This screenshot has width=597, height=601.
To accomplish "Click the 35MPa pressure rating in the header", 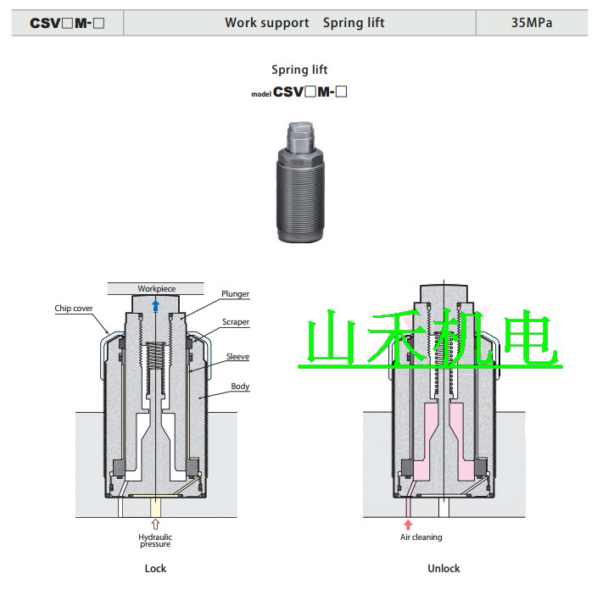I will (x=532, y=23).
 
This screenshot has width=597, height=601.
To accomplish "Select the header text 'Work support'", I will (x=266, y=23).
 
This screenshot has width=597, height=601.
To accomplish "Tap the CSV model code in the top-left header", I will (x=67, y=23).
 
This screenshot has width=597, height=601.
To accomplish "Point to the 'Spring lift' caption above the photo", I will (x=299, y=70).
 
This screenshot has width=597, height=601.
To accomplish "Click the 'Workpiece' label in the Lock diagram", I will (x=156, y=289).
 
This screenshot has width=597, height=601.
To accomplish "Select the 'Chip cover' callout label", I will (x=74, y=309).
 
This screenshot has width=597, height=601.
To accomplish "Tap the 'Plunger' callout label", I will (x=235, y=294).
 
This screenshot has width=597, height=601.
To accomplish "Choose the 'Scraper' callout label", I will (x=236, y=322).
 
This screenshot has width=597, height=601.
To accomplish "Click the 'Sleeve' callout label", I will (x=237, y=357).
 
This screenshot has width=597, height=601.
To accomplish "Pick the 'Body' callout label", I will (x=241, y=387).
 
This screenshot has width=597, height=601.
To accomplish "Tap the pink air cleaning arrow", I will (x=408, y=524).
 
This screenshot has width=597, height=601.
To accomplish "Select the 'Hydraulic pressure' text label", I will (x=155, y=540).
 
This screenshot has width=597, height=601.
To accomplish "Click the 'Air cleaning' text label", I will (x=421, y=537).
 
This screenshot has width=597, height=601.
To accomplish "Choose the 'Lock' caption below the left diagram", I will (x=155, y=568).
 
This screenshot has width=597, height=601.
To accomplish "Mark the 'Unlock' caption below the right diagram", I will (x=444, y=568).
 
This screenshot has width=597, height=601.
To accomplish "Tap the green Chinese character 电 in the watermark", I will (x=531, y=341).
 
